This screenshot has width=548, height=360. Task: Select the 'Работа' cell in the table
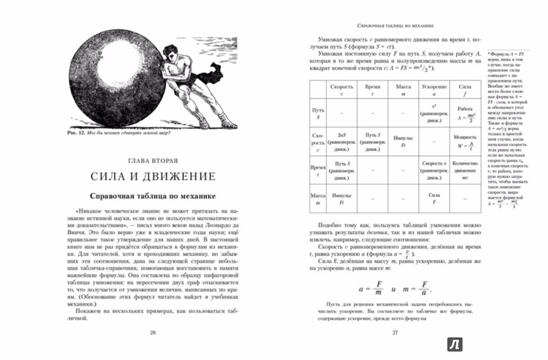(466, 113)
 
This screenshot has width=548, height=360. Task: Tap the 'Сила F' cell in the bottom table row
(434, 198)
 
